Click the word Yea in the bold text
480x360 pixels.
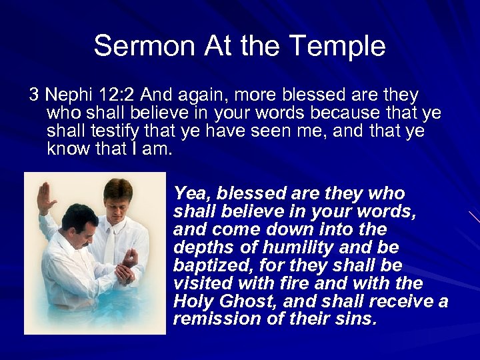[189, 193]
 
